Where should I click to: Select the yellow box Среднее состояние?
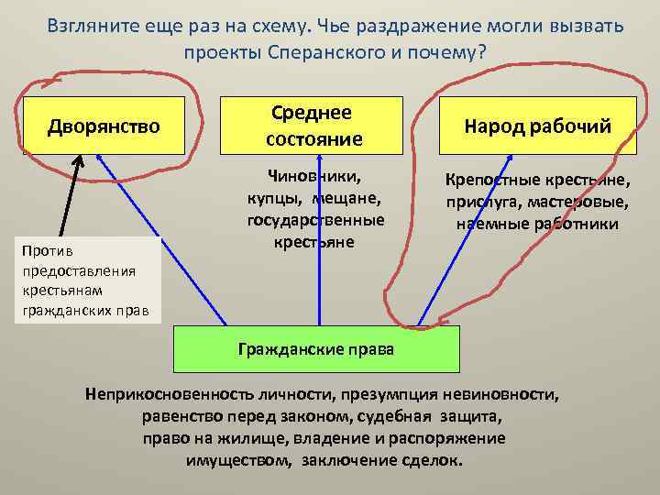(x=313, y=126)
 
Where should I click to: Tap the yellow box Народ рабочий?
(x=536, y=126)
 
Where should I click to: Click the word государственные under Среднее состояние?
(x=315, y=220)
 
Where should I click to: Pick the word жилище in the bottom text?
(x=243, y=438)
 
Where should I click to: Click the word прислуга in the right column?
(x=476, y=203)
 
